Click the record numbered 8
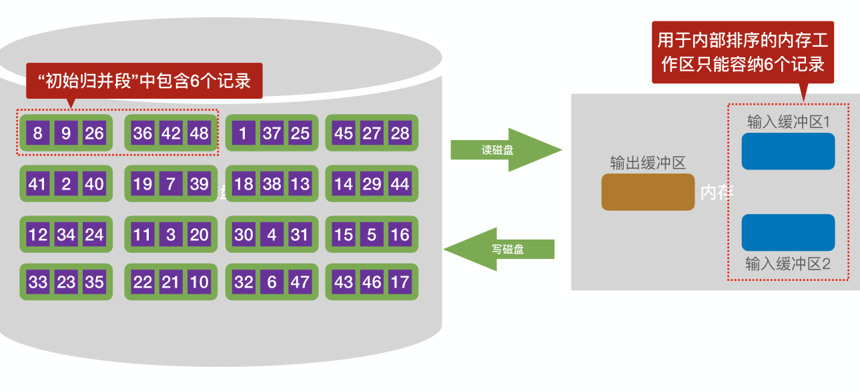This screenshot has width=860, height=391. [37, 133]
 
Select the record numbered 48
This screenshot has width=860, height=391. [199, 133]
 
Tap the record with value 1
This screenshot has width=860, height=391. [243, 133]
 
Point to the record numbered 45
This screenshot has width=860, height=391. [344, 133]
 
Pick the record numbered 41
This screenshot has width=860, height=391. [37, 183]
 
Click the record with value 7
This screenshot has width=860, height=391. [171, 183]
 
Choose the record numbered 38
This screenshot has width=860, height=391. [272, 183]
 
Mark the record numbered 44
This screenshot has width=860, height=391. [400, 183]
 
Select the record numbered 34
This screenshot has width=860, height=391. [66, 234]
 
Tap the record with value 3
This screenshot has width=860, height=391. [171, 234]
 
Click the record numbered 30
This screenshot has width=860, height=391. [243, 234]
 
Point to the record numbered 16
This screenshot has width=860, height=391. [400, 234]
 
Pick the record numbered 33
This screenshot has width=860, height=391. [37, 282]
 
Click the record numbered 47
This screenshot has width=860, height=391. [300, 282]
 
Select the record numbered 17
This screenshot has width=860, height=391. [400, 282]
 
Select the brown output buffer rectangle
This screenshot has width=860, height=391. [648, 192]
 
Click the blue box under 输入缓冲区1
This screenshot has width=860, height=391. [788, 151]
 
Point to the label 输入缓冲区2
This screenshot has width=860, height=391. [787, 264]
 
